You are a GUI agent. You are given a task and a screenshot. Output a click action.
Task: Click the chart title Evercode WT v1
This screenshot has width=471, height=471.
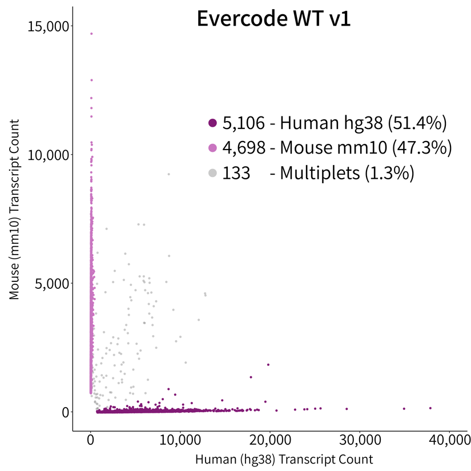pos(273,19)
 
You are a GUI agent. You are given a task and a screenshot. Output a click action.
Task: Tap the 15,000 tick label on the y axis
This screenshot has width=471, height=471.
pos(49,26)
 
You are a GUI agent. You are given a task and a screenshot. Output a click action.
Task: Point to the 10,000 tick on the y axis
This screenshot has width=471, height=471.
pos(49,155)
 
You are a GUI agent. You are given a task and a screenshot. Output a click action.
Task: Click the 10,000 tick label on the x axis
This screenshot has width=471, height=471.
pos(180,442)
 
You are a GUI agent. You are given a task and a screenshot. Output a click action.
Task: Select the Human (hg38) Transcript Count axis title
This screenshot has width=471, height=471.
pos(284,459)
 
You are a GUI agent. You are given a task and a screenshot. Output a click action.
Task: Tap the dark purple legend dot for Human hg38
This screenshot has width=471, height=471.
pos(213,123)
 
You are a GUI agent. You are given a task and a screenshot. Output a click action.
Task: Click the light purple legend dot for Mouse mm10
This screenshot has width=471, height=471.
pos(213,148)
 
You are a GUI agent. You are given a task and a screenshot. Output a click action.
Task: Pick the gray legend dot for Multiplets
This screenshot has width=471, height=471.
pos(213,173)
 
